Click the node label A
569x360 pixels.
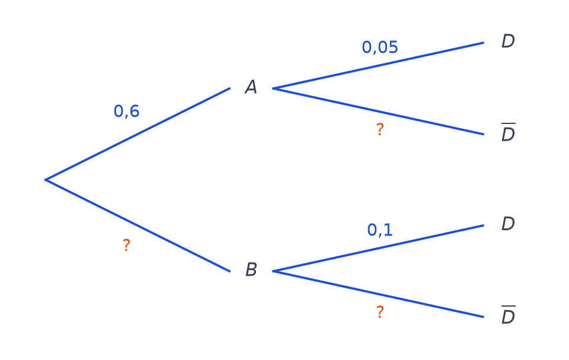click(x=251, y=87)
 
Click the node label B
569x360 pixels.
click(x=251, y=269)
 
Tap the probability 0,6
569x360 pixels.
click(x=126, y=111)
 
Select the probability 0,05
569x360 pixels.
click(x=380, y=47)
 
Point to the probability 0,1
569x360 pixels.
click(x=380, y=230)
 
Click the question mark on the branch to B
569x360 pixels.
click(x=126, y=246)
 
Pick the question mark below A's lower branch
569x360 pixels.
click(x=380, y=130)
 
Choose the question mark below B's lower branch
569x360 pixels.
click(x=380, y=312)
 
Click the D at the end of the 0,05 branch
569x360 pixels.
click(x=508, y=41)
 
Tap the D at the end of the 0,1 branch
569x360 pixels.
click(x=508, y=224)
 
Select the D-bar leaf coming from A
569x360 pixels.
click(x=508, y=133)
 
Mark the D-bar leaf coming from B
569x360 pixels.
click(x=508, y=316)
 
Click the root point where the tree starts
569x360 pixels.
click(x=46, y=180)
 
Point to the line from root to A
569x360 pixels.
click(x=138, y=133)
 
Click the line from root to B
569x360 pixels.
click(x=138, y=225)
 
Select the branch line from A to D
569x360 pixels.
click(x=378, y=65)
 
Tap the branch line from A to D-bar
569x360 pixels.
click(x=378, y=111)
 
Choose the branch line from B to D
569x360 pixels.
click(x=378, y=248)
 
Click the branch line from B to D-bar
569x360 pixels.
click(x=378, y=294)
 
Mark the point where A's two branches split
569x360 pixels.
click(x=273, y=88)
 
